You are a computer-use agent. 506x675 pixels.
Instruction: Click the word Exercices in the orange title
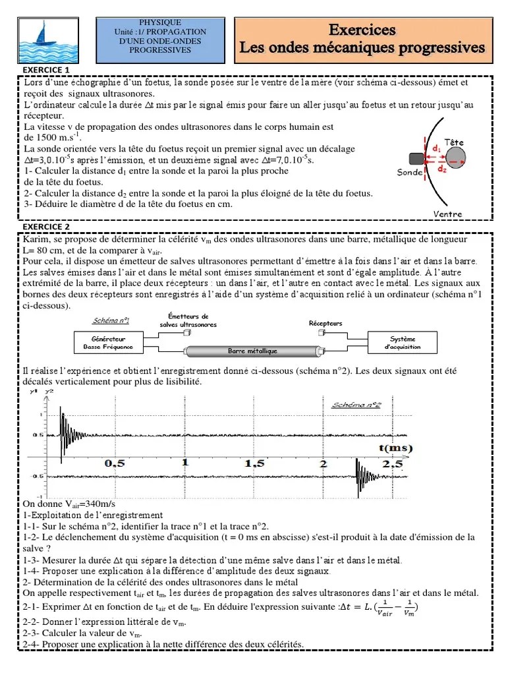(362, 30)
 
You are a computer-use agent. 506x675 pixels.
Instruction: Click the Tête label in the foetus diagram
(455, 142)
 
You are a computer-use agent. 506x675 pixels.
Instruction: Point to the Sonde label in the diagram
(410, 173)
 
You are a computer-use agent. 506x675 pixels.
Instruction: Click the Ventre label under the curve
(448, 214)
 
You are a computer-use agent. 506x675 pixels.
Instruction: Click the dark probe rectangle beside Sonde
(416, 158)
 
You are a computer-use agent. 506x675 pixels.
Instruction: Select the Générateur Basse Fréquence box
(103, 342)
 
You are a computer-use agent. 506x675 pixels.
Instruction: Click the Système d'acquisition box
(402, 342)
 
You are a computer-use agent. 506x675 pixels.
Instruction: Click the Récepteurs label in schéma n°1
(325, 324)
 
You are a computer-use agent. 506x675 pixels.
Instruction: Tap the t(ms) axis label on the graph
(395, 448)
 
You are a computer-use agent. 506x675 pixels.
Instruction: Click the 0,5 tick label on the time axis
(115, 463)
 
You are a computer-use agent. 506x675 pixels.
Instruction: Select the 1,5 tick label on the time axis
(256, 463)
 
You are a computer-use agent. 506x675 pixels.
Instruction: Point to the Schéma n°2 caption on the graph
(356, 404)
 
